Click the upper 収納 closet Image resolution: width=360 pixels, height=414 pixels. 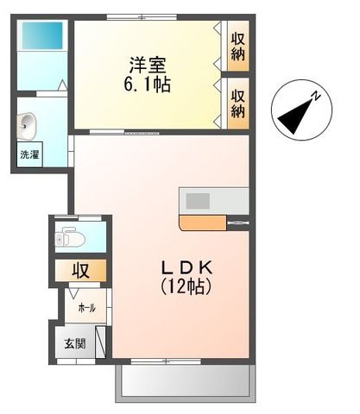click(x=237, y=47)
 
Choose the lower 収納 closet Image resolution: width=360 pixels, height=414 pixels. click(x=237, y=102)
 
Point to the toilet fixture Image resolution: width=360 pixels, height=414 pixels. click(x=67, y=236)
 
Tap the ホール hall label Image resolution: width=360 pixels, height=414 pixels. click(x=86, y=308)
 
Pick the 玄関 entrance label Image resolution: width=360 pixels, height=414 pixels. click(x=74, y=343)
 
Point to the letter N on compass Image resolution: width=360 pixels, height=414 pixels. click(x=317, y=96)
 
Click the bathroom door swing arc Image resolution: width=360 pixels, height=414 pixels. click(x=61, y=85)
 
